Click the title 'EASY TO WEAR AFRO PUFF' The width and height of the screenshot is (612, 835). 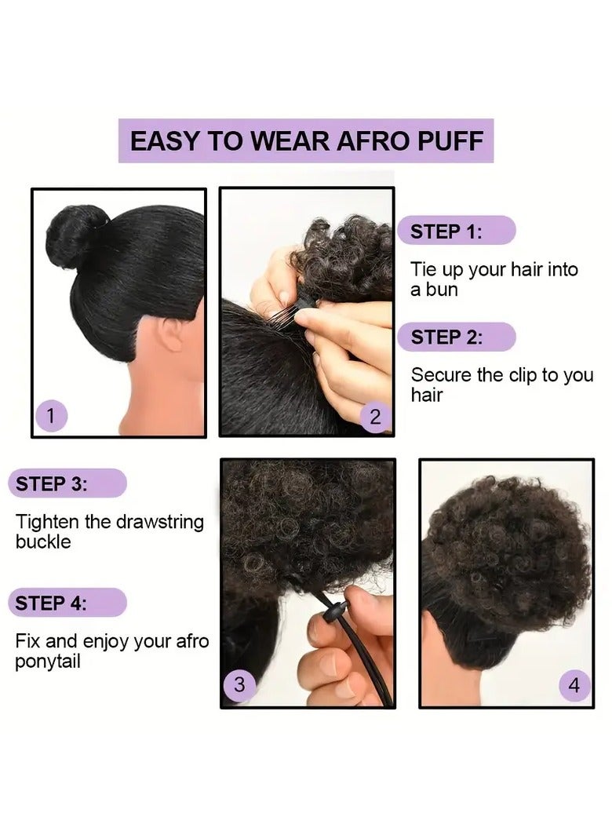[305, 141]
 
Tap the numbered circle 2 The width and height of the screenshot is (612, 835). [375, 417]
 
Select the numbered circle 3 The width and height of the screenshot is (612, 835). [240, 684]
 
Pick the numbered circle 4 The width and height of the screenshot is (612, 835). [574, 685]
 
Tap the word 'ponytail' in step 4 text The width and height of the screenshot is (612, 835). [48, 661]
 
